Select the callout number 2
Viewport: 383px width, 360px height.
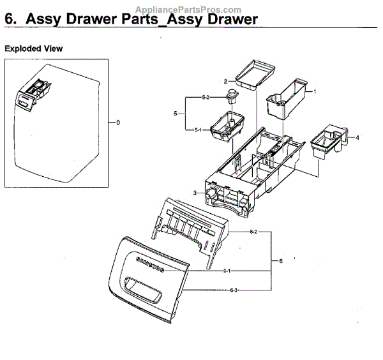pos(225,81)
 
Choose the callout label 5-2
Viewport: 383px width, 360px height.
pos(206,97)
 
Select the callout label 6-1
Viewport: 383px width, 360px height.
pos(227,271)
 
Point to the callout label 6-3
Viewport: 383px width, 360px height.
pos(235,291)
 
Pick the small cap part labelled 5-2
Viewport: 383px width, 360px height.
pos(231,98)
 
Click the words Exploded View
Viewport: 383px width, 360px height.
pos(34,49)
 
